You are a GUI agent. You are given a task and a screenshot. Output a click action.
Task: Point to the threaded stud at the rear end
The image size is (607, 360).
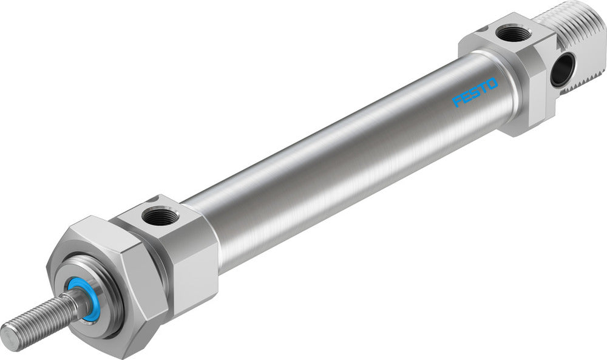(x=577, y=36)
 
